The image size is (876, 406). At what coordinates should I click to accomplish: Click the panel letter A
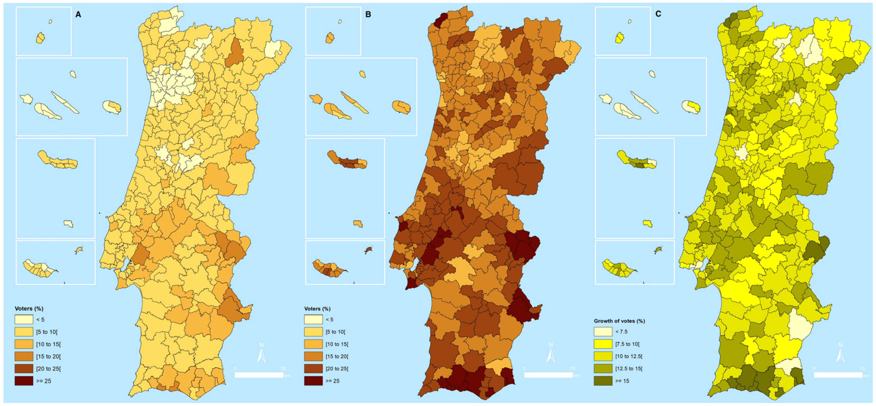78,15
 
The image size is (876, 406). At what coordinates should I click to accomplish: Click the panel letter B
368,15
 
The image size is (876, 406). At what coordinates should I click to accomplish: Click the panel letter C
658,14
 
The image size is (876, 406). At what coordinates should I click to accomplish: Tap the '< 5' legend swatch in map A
24,320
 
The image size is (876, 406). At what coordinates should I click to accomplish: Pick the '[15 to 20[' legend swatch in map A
24,356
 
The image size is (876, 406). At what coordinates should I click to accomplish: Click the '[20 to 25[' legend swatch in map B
313,369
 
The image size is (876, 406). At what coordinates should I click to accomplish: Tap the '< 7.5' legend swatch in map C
603,332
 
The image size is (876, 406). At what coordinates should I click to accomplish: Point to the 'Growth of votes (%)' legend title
619,321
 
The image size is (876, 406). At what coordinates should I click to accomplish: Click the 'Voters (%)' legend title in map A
29,309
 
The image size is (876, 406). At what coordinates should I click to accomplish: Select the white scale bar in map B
548,375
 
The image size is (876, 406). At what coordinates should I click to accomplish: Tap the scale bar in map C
838,375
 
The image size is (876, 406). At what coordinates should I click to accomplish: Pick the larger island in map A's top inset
41,38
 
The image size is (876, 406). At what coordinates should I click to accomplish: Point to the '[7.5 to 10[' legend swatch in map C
603,344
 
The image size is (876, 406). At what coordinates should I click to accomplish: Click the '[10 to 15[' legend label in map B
337,344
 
